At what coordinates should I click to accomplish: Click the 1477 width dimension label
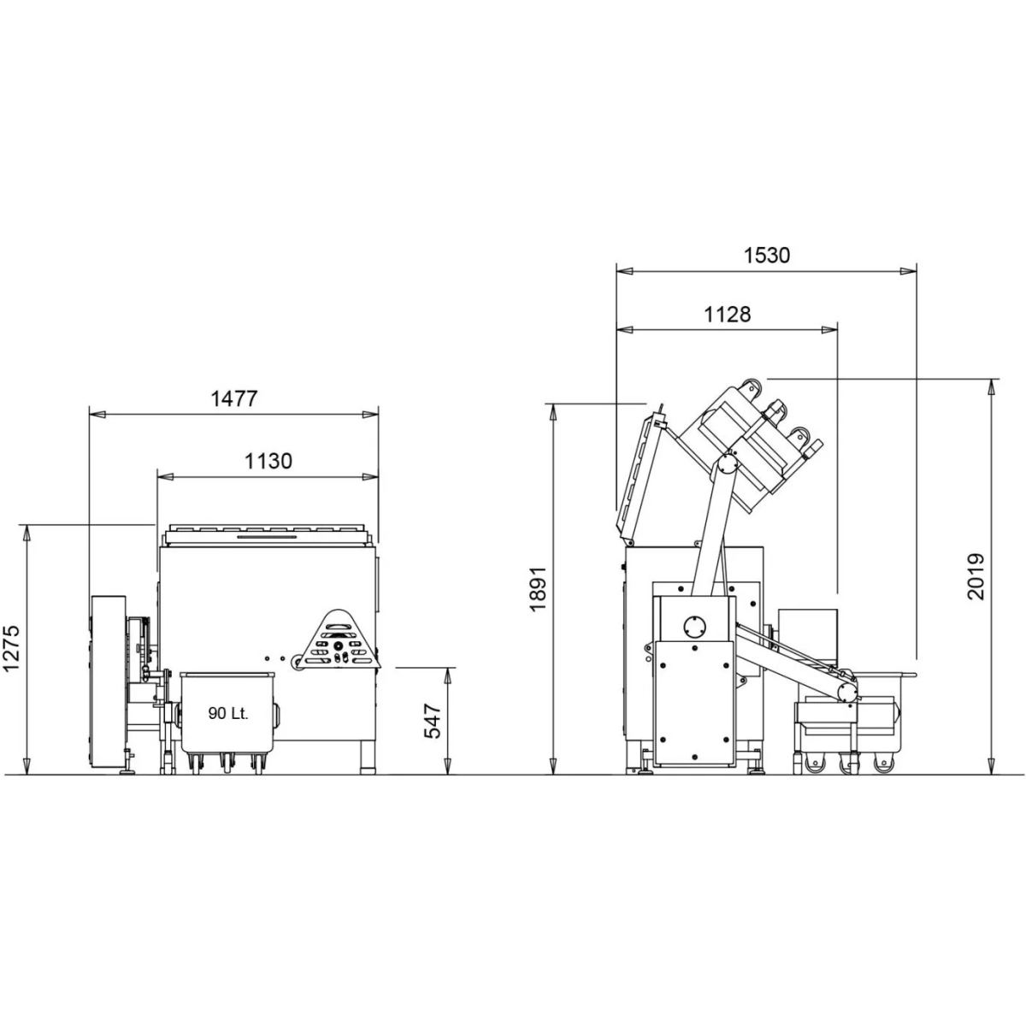tap(234, 398)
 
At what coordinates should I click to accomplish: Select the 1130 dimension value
tap(268, 461)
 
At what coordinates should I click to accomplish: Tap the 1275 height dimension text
tap(11, 647)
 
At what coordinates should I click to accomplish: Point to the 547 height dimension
tap(433, 721)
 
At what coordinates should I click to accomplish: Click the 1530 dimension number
tap(767, 256)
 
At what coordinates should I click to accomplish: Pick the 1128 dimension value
tap(728, 315)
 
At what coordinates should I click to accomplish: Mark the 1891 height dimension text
tap(539, 589)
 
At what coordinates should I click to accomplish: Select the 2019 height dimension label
tap(976, 577)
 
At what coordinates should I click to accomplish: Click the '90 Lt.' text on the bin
tap(228, 713)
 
